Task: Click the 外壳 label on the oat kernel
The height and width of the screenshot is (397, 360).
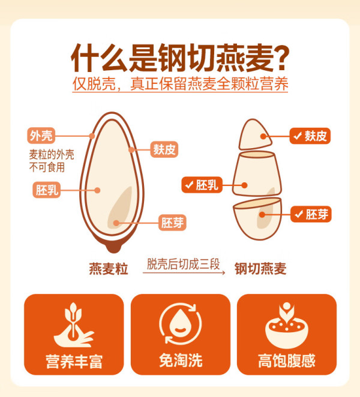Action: pos(41,136)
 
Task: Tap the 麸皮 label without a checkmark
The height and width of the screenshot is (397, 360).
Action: pos(164,149)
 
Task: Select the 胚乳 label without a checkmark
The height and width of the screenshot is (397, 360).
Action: pos(47,190)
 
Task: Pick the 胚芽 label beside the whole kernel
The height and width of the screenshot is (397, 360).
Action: pos(172,222)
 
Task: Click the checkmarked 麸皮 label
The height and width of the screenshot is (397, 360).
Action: pos(310,136)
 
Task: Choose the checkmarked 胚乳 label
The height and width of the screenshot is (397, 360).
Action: pos(202,185)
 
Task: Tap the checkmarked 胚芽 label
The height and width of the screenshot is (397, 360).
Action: pos(311,214)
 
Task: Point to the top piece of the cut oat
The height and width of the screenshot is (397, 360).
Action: pos(254,135)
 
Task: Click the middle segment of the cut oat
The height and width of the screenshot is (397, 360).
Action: pos(257,173)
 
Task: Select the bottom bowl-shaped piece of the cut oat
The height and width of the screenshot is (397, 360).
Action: pos(257,218)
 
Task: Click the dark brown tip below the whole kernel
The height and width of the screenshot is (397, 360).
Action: pos(114,248)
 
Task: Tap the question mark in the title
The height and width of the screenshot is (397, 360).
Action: pos(281,58)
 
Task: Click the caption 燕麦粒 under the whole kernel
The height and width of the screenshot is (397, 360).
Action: pos(109,269)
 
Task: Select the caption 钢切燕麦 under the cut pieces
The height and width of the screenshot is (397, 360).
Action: pos(260,269)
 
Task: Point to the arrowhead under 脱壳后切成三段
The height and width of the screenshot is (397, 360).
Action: pos(223,272)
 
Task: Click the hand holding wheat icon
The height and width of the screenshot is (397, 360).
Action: pos(73,325)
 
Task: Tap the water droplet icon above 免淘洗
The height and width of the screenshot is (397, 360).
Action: pos(181,323)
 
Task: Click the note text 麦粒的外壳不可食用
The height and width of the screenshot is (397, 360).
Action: pos(52,161)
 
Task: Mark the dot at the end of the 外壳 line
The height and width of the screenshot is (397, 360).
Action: pos(92,136)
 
